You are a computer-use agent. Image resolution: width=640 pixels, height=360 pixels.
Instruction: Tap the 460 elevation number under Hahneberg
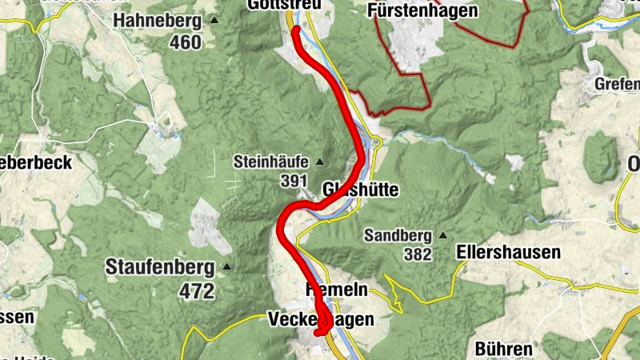tap(185, 42)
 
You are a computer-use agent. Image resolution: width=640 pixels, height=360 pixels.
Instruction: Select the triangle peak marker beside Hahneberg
tap(214, 19)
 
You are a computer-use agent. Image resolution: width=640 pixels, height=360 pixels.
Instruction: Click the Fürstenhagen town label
tap(424, 10)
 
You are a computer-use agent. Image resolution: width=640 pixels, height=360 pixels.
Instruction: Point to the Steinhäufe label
tap(270, 162)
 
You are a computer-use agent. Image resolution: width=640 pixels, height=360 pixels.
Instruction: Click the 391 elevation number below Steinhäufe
tap(295, 181)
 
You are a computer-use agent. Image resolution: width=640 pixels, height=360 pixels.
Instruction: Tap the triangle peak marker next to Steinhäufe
tap(320, 162)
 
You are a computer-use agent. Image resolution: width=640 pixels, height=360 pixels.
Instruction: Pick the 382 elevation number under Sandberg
tap(418, 255)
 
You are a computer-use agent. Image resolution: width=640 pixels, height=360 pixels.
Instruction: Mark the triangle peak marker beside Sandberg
tap(442, 236)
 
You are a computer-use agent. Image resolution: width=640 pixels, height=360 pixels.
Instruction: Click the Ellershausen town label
tap(508, 252)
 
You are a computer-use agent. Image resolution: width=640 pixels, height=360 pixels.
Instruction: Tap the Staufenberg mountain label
tap(159, 266)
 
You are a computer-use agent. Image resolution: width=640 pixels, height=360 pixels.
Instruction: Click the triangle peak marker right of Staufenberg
tap(226, 266)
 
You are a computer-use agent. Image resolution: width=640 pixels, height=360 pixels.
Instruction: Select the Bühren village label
tap(503, 349)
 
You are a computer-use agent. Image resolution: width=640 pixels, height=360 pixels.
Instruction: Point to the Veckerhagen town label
tap(319, 319)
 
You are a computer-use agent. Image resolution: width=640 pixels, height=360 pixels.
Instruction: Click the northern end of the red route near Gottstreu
tap(295, 30)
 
